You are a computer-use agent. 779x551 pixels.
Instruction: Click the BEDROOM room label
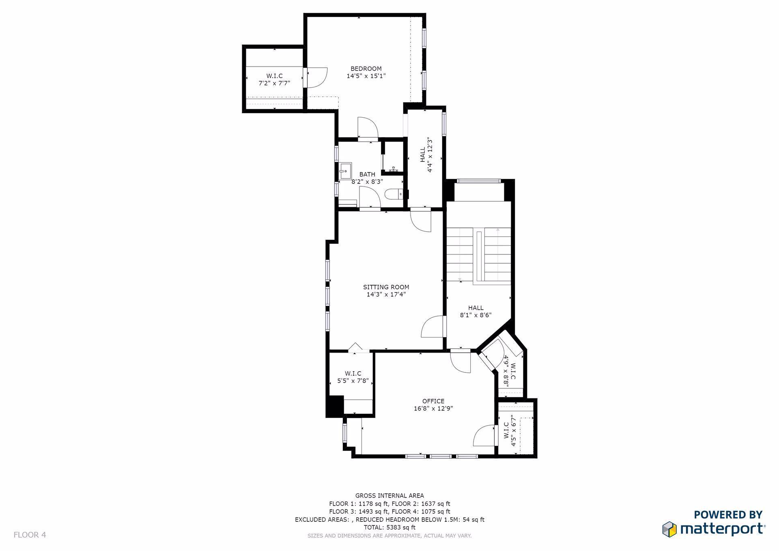[x=366, y=69]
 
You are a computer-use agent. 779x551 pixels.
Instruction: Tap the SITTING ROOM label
[x=386, y=287]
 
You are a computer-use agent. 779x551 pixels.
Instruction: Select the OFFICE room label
[x=433, y=401]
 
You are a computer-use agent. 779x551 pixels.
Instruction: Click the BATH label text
[x=367, y=174]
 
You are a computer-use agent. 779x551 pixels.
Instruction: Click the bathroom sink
[x=346, y=171]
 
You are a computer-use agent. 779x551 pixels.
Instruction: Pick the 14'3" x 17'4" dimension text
[x=386, y=295]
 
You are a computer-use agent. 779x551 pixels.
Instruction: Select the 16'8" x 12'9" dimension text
[x=433, y=409]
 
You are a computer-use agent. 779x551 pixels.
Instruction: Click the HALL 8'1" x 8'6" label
[x=476, y=311]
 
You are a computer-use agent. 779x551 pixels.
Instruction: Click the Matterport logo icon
[x=669, y=529]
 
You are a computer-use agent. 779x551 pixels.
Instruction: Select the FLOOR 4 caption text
[x=30, y=535]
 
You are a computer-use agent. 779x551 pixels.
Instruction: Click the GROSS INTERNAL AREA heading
[x=389, y=495]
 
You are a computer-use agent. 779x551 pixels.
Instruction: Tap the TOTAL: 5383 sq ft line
[x=389, y=527]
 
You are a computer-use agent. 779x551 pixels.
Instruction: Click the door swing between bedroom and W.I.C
[x=316, y=77]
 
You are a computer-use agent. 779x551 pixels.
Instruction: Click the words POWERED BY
[x=728, y=515]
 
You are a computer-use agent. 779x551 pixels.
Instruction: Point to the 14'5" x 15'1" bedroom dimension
[x=366, y=76]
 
